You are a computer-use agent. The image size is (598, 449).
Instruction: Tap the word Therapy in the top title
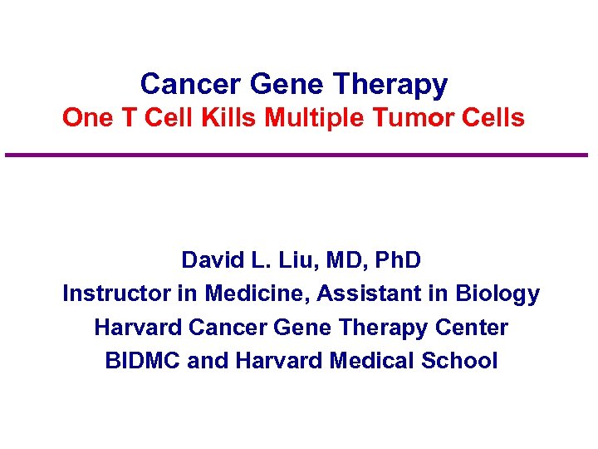point(390,85)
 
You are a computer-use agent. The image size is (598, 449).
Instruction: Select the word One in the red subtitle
point(81,118)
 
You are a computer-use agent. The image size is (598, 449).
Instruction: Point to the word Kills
point(230,118)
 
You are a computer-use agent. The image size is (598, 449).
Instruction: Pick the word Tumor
point(408,118)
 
